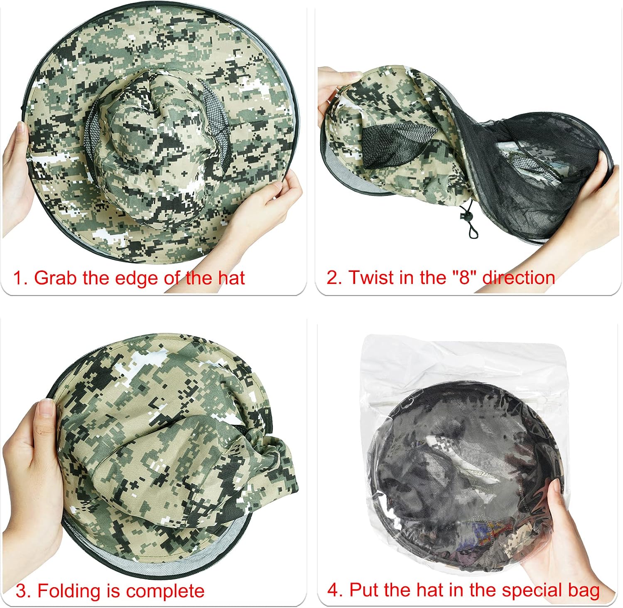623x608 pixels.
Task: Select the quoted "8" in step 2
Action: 464,277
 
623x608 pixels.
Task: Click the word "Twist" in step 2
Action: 372,277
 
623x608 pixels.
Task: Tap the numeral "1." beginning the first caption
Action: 20,278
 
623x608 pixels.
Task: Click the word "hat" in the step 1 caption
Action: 231,277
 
